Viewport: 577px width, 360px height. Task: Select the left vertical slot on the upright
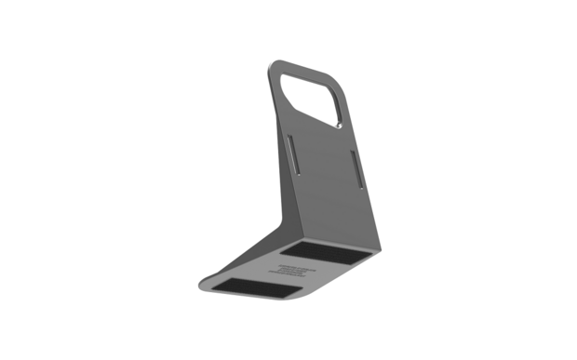coord(291,154)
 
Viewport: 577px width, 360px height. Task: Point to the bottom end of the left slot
coord(293,173)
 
